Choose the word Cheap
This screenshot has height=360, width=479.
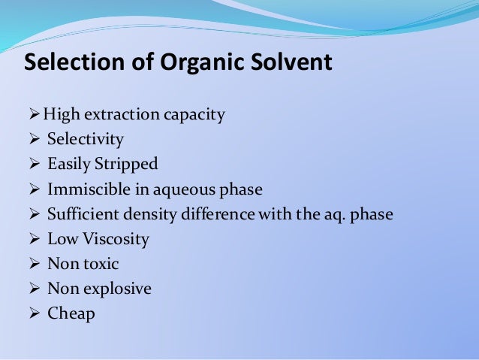(x=71, y=314)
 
